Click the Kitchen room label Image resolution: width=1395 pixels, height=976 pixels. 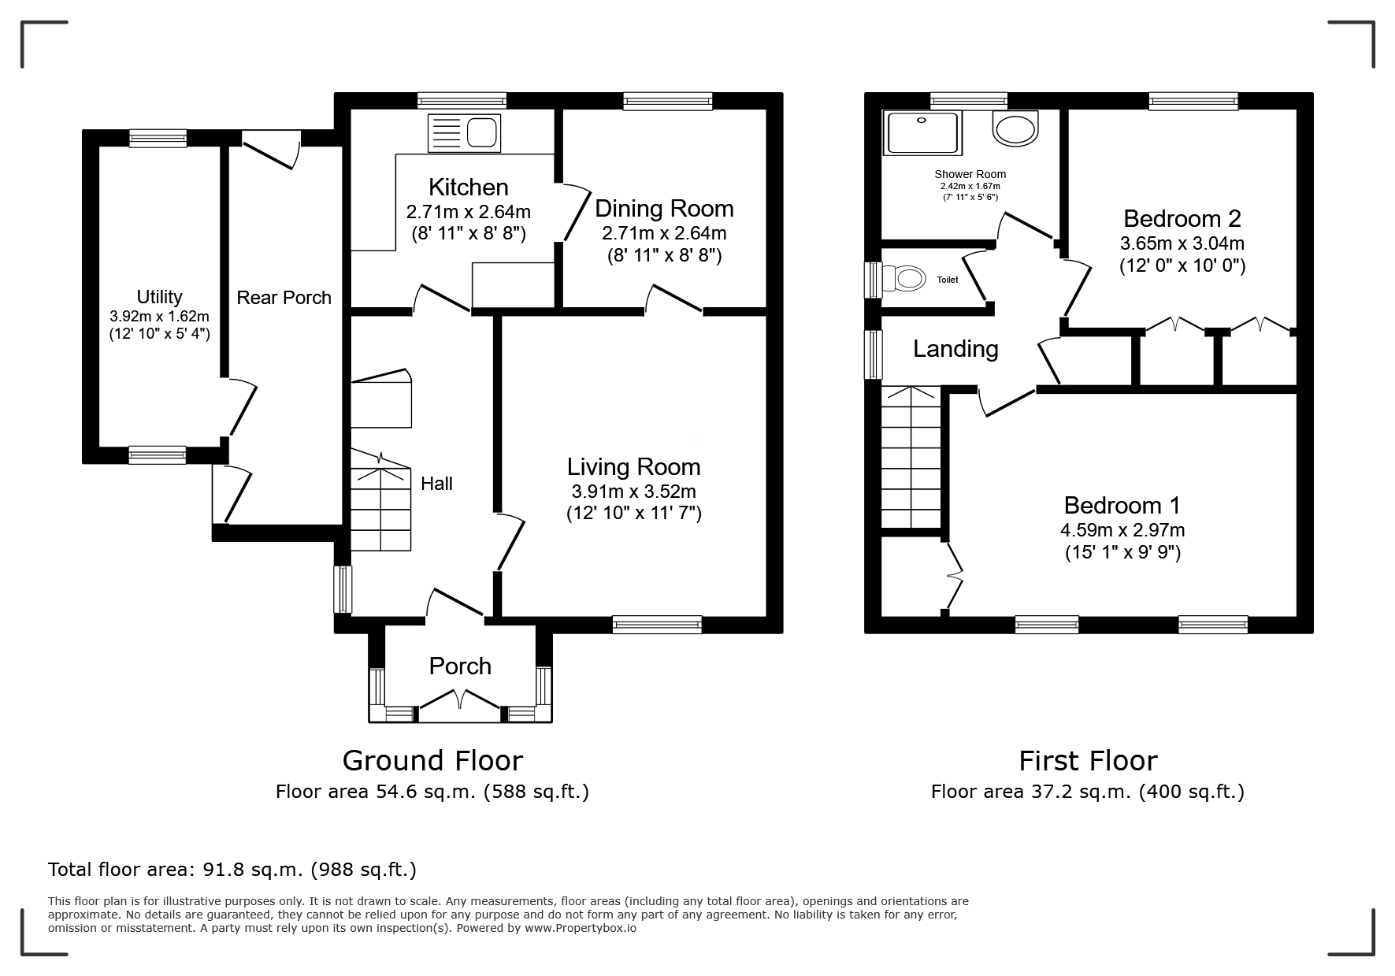click(x=468, y=187)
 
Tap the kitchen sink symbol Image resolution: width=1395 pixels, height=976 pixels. click(x=464, y=132)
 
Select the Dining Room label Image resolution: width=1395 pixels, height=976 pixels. click(x=664, y=209)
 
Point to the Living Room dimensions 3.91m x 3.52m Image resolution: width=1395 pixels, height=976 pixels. click(x=633, y=492)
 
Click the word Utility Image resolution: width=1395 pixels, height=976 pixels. click(x=159, y=297)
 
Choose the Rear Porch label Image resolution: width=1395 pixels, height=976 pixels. click(x=284, y=298)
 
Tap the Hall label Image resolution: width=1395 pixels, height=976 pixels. click(x=436, y=484)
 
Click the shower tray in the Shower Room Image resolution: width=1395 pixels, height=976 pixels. click(x=923, y=132)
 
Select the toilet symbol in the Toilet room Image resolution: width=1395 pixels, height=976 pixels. click(x=903, y=279)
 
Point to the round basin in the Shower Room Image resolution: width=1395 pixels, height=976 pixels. click(x=1016, y=128)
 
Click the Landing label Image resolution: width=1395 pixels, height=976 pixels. click(x=955, y=349)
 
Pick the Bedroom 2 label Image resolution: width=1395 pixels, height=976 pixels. click(x=1182, y=218)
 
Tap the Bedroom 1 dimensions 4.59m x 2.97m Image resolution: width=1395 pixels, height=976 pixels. click(x=1122, y=530)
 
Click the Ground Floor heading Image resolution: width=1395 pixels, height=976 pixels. click(x=432, y=761)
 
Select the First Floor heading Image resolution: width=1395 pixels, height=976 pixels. click(x=1088, y=761)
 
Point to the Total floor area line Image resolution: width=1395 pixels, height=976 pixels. click(x=232, y=870)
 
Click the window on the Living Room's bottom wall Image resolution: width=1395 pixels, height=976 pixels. click(x=657, y=625)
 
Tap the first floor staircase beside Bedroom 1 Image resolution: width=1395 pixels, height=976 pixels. click(x=911, y=457)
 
